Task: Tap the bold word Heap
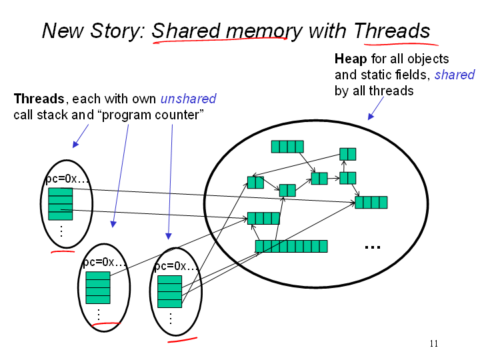point(350,59)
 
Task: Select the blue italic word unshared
point(188,99)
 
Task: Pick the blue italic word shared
point(455,75)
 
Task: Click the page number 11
point(433,344)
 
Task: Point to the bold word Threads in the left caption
point(39,99)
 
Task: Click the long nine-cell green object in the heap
point(291,246)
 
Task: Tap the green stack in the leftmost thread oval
point(60,203)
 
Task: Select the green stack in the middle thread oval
point(98,287)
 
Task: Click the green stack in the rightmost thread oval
point(169,291)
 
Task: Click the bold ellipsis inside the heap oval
point(372,247)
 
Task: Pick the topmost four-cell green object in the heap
point(287,147)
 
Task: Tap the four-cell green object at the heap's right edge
point(371,202)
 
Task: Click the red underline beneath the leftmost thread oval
point(63,252)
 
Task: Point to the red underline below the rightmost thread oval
point(182,339)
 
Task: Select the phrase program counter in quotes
point(156,115)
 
